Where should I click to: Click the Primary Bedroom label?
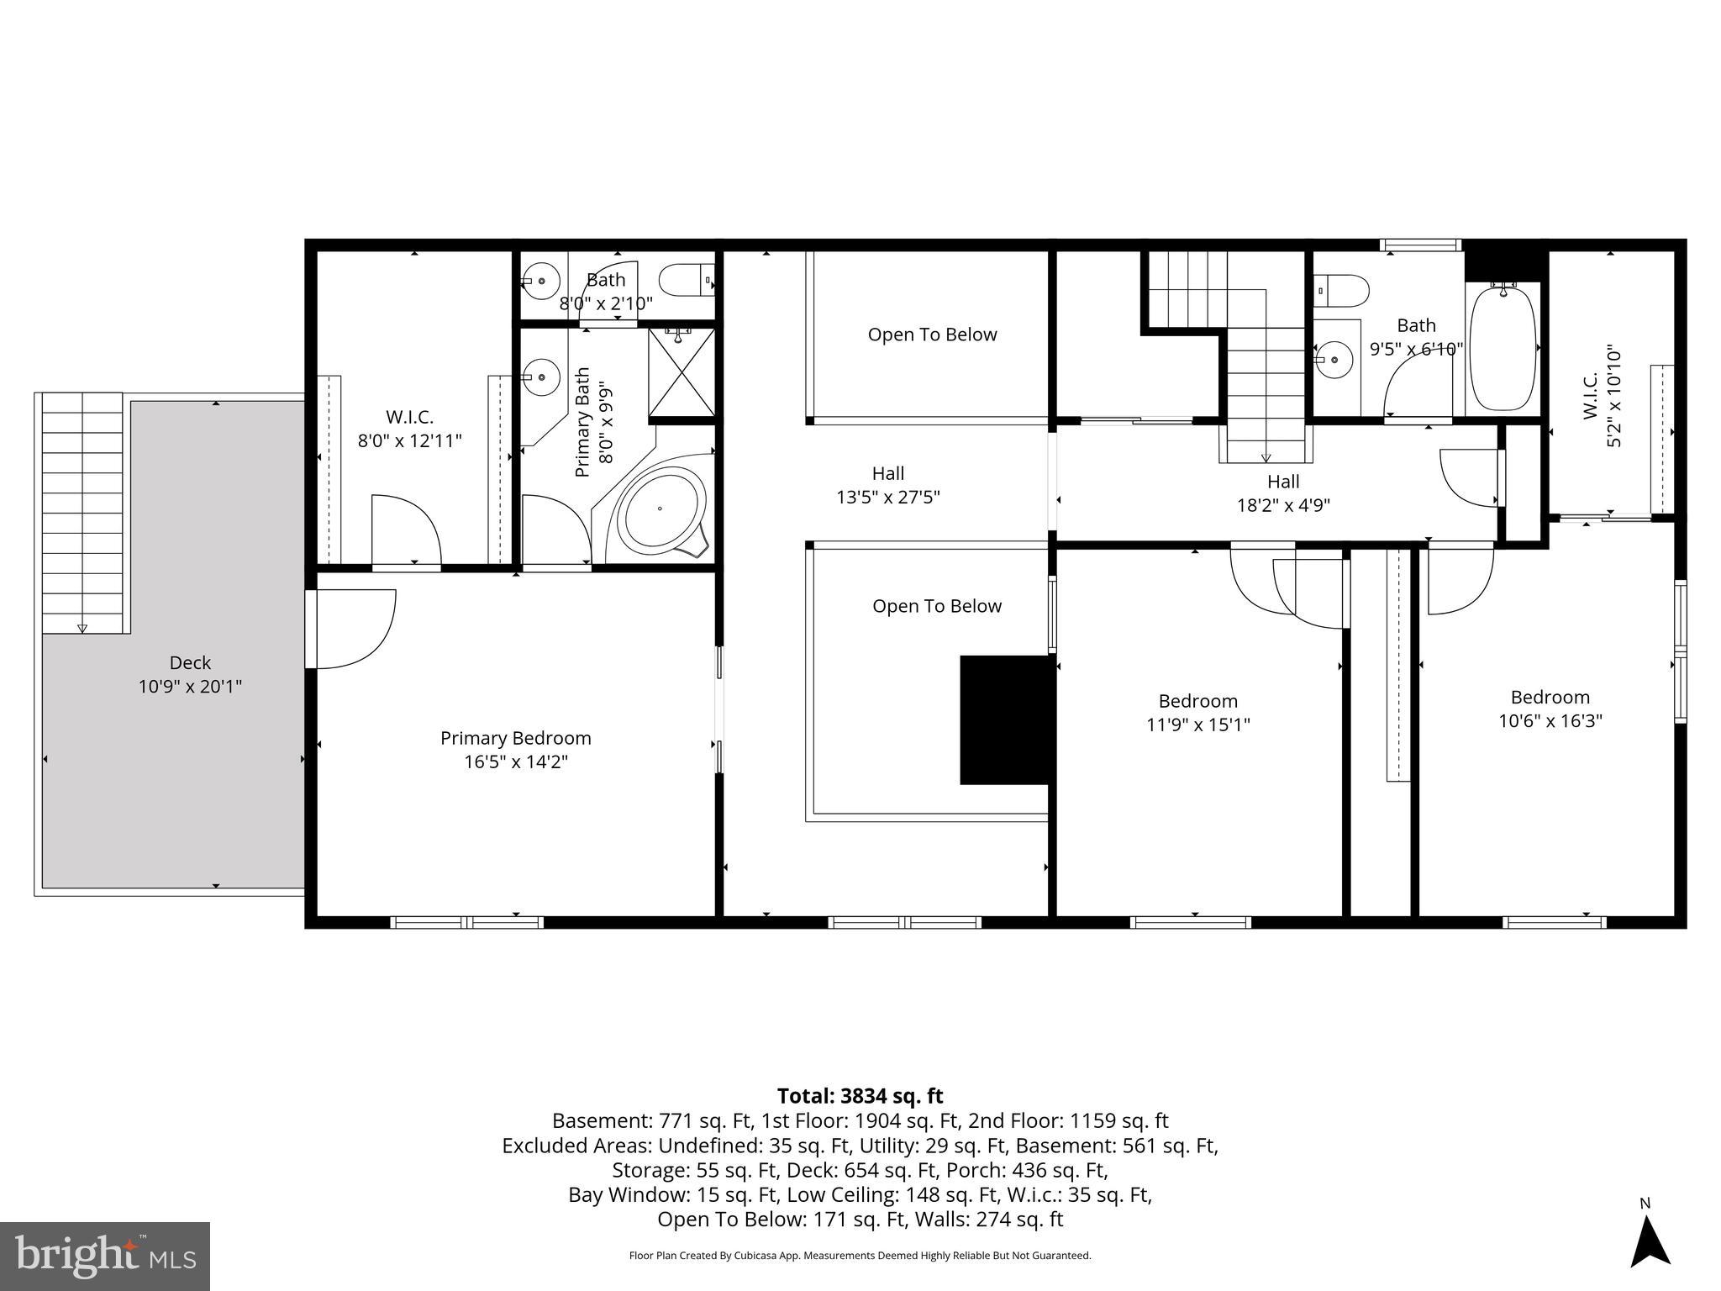515,738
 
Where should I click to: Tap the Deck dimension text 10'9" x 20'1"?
190,687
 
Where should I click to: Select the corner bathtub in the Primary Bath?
661,508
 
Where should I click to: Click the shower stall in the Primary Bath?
682,372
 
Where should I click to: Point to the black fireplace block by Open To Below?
1006,720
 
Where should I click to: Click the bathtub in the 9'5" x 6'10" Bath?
1503,346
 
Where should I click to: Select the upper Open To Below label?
932,335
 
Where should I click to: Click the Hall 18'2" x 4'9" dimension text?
1282,505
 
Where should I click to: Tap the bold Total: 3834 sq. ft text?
860,1096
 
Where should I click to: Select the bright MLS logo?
105,1257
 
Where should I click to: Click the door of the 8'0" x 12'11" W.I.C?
406,530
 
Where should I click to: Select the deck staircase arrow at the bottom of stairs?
82,628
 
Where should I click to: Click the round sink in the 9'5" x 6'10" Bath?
1334,361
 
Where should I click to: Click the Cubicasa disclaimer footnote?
860,1256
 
